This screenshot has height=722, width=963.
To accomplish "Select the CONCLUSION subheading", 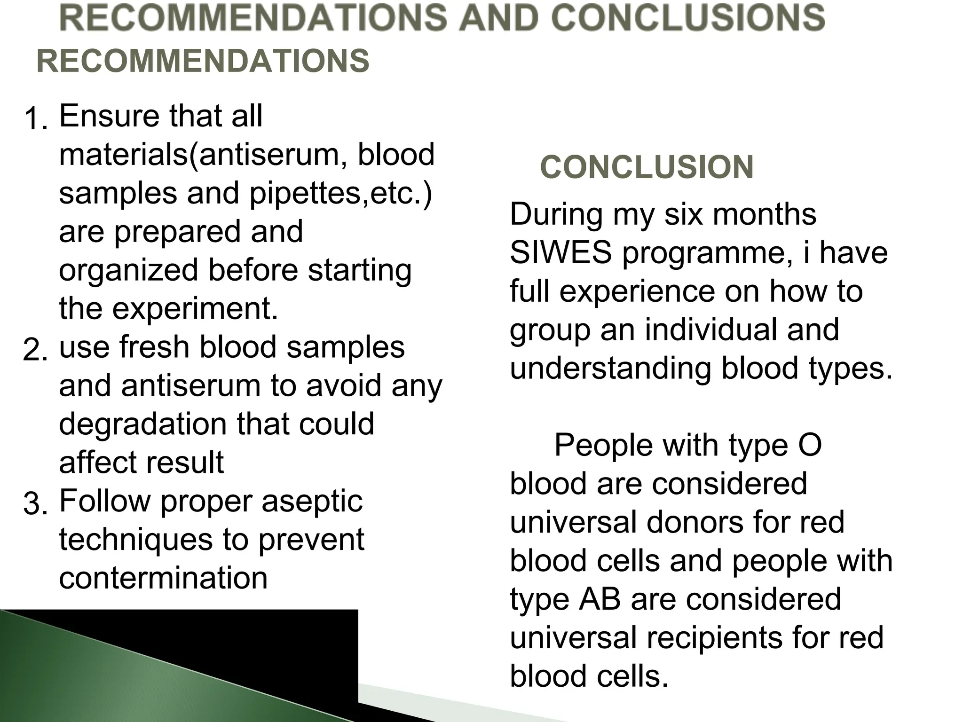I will pos(647,167).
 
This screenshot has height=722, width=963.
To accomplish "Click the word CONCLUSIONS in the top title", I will pos(688,17).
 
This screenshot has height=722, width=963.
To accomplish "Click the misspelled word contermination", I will pos(163,578).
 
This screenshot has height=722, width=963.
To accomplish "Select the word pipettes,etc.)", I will pos(340,193).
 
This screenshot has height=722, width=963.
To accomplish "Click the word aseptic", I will pos(312,501).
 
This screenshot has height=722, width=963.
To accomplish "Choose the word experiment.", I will pos(195,309).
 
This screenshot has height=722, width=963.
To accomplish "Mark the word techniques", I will pos(136,539).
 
